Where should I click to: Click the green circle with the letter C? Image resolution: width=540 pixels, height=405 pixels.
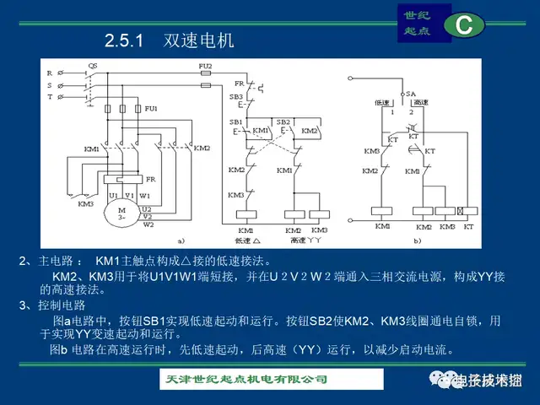[463, 25]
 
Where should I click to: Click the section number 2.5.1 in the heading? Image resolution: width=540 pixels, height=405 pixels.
[126, 40]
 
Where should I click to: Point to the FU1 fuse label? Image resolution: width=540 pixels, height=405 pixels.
[151, 109]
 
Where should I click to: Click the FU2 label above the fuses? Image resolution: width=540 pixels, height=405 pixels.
[205, 65]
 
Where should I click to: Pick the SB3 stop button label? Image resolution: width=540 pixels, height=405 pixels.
[236, 97]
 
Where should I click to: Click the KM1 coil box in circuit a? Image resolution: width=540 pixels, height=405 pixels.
[246, 216]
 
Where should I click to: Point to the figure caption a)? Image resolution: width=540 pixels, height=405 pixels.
[179, 240]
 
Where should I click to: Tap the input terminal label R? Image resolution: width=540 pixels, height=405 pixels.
[50, 73]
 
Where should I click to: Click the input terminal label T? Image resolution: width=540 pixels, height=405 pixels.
[50, 97]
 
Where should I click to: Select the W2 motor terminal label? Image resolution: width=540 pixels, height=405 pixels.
[148, 224]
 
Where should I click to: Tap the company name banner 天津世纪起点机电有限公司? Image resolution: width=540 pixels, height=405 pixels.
[244, 378]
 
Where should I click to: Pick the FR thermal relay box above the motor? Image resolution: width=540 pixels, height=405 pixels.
[126, 179]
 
